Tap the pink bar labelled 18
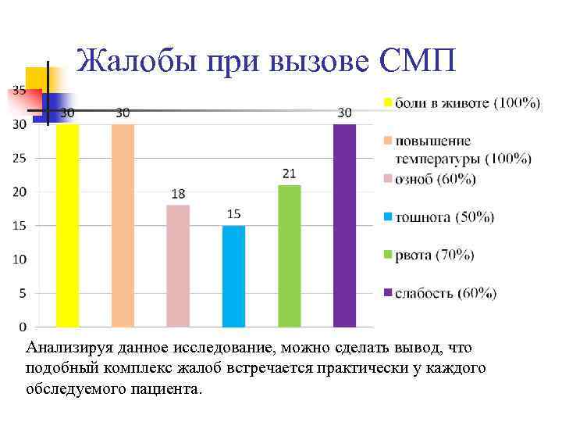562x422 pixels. click(x=178, y=266)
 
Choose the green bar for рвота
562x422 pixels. click(x=289, y=256)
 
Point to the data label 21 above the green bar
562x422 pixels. click(x=289, y=173)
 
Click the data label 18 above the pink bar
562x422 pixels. click(x=178, y=193)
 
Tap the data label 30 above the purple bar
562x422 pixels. click(x=344, y=113)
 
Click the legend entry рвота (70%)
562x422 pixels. click(x=435, y=255)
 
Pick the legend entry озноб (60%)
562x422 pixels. click(x=435, y=179)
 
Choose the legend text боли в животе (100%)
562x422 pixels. click(x=467, y=103)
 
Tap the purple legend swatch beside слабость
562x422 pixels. click(x=386, y=293)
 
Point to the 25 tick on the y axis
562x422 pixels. click(x=20, y=158)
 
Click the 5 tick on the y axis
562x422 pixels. click(x=23, y=293)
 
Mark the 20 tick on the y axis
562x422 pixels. click(x=20, y=191)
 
